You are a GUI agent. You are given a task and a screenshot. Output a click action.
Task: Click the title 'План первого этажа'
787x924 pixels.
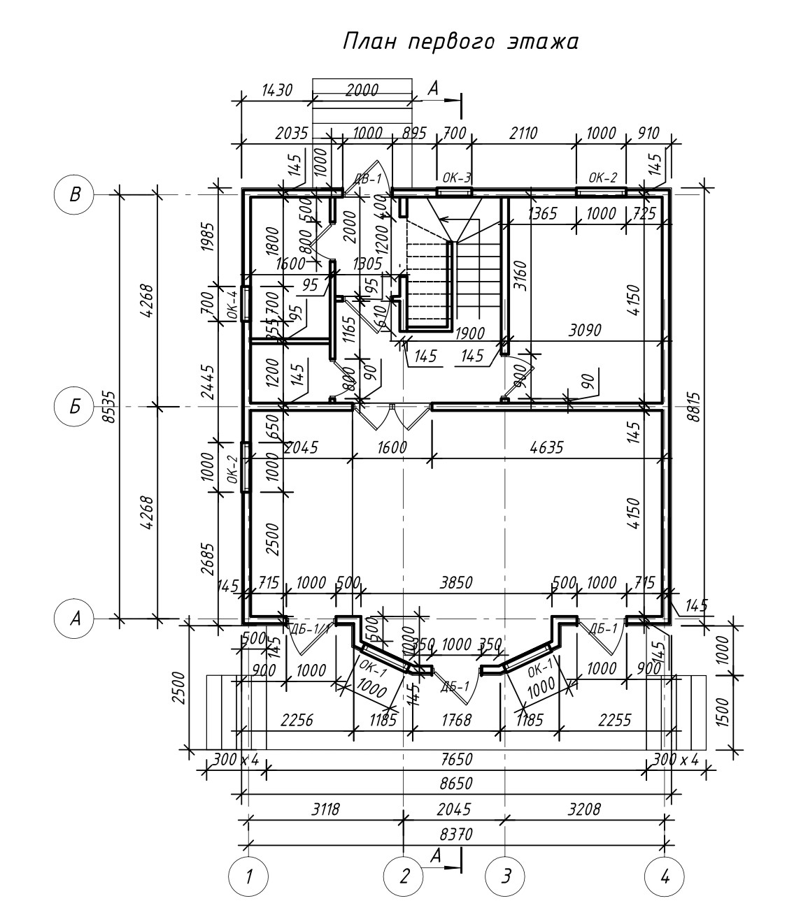[461, 42]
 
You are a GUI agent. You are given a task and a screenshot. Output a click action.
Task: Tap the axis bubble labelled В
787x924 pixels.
[73, 194]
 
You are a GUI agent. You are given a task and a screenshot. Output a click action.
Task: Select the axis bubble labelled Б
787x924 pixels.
[73, 406]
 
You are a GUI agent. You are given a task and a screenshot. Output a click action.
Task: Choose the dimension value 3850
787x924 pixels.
[455, 582]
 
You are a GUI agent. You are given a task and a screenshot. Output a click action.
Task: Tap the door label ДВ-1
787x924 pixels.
[369, 179]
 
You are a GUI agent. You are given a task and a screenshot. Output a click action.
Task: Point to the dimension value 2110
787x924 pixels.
[523, 133]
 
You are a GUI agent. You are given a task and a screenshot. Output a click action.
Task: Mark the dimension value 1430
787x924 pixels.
[277, 89]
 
